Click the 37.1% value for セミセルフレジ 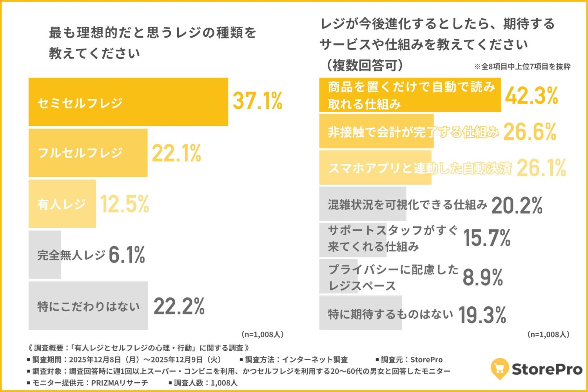tap(258, 101)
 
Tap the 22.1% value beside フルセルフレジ tap(176, 153)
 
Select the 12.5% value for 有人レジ tap(125, 204)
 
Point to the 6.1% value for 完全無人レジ tap(127, 255)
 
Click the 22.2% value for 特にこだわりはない tap(179, 306)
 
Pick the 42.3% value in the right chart tap(531, 96)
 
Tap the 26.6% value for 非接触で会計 tap(530, 132)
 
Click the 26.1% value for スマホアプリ tap(541, 168)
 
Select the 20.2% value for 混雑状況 tap(517, 205)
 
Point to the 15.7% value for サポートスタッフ tap(487, 238)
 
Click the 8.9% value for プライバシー tap(483, 278)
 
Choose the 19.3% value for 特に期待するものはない tap(482, 315)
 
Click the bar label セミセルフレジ tap(80, 103)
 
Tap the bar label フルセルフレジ tap(80, 153)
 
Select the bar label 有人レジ tap(62, 204)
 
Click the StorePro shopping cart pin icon tap(499, 368)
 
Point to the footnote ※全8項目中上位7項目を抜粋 tap(522, 67)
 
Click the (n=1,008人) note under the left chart tap(262, 335)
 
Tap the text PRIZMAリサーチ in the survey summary tap(120, 383)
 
